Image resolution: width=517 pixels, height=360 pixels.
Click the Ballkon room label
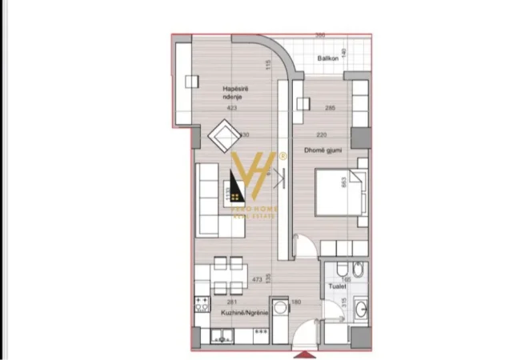tap(326, 58)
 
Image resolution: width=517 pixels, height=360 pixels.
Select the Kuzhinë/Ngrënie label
tap(244, 314)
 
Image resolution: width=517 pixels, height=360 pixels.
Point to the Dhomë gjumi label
tap(319, 150)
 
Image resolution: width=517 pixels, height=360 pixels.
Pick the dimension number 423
tap(232, 107)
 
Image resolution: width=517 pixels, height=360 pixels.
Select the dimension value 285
tap(330, 107)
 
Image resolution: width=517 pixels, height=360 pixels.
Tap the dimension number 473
tap(257, 280)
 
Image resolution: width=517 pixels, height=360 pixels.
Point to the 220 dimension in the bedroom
tap(321, 134)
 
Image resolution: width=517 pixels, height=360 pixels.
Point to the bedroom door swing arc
tap(304, 240)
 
